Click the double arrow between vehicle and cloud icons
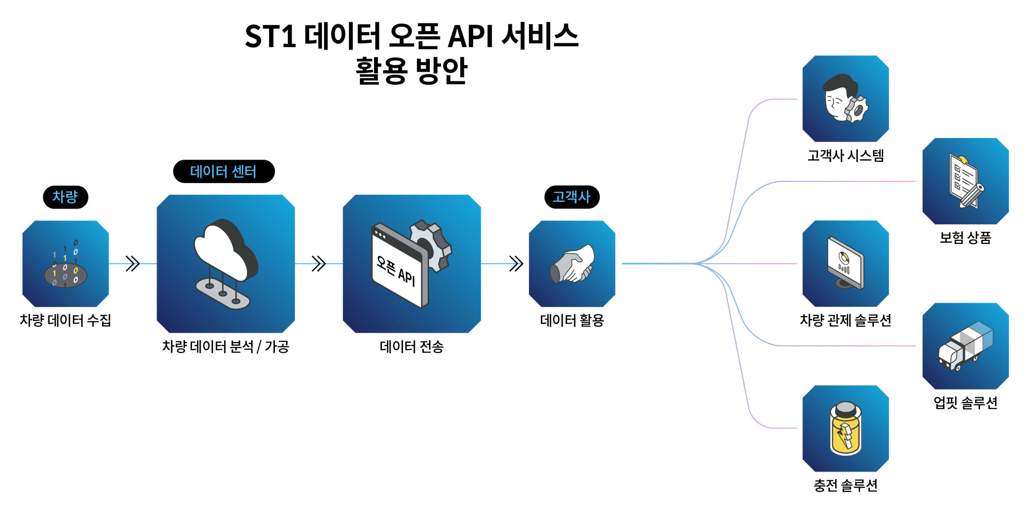point(132,264)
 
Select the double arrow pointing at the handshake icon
point(516,264)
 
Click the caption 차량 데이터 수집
point(65,320)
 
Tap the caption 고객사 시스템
point(845,155)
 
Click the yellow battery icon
point(845,430)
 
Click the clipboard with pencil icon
point(966,181)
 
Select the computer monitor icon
point(845,263)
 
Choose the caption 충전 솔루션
point(845,485)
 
